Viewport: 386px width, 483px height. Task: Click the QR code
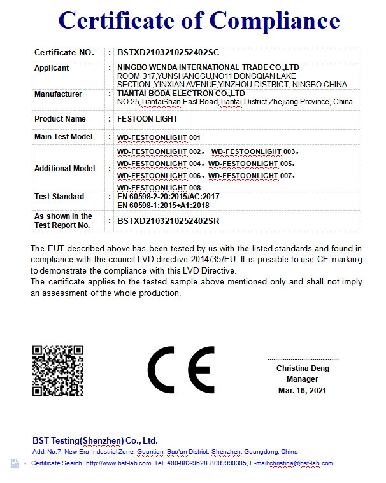click(58, 370)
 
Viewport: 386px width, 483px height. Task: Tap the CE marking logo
click(181, 370)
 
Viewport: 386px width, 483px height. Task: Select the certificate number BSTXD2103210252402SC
click(168, 53)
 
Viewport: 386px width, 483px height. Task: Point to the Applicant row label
click(52, 68)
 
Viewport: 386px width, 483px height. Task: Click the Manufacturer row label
click(58, 94)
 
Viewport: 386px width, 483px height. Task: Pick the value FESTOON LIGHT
click(148, 119)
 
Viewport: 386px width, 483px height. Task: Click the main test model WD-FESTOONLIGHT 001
click(159, 137)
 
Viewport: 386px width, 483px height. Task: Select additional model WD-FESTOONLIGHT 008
click(159, 188)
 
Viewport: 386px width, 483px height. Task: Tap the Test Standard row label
click(59, 197)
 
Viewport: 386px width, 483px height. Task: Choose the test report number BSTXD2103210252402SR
click(168, 221)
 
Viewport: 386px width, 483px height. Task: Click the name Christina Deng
click(302, 368)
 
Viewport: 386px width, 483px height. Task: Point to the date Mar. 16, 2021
click(302, 390)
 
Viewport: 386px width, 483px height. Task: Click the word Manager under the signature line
click(302, 379)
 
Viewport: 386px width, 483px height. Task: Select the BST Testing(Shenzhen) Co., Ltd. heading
click(95, 440)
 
